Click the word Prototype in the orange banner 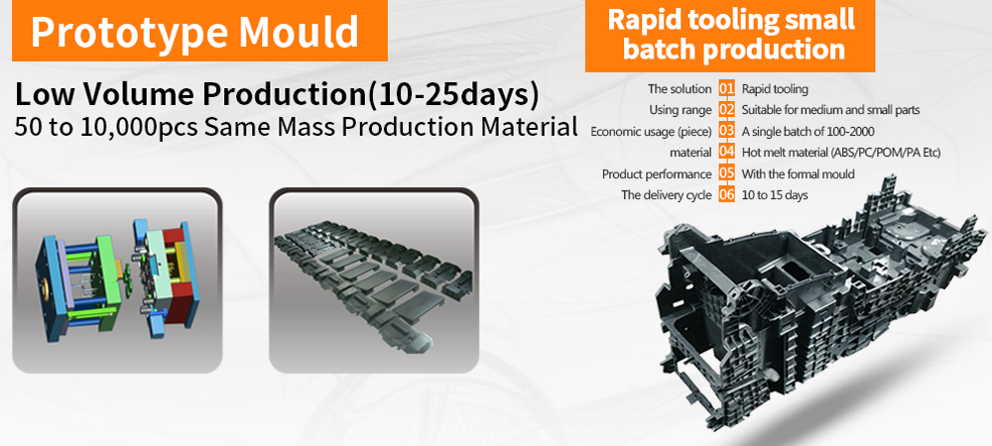(129, 31)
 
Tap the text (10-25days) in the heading (453, 95)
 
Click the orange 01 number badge (727, 89)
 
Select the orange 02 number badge (727, 110)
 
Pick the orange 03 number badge (727, 132)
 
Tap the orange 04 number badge (727, 153)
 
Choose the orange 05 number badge (727, 173)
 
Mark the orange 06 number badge (727, 194)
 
